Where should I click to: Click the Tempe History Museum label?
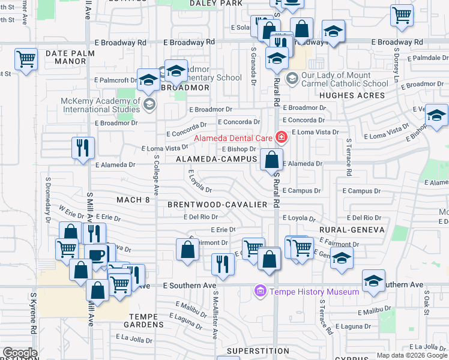314,292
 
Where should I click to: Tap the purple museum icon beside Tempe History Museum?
261,292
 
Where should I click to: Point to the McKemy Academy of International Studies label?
100,105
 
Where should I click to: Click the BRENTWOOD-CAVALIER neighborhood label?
217,205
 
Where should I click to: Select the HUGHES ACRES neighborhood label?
352,95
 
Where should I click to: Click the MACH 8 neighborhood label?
133,200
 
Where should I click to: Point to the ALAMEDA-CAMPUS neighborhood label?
217,160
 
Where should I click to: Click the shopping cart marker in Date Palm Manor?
26,59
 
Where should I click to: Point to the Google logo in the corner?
20,353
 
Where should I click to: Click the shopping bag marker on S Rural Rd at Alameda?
271,160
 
